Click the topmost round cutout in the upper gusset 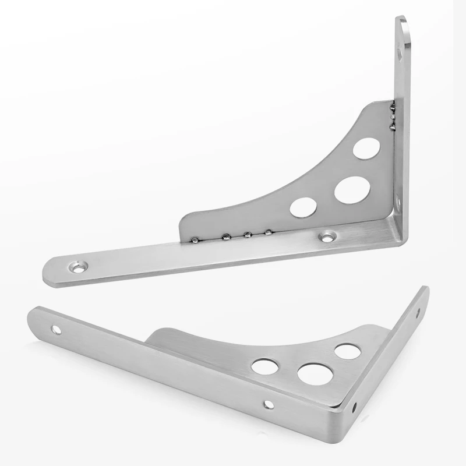click(366, 148)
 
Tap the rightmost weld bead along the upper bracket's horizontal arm click(269, 233)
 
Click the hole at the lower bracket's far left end click(56, 330)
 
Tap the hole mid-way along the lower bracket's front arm click(268, 403)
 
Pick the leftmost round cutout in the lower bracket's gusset click(265, 366)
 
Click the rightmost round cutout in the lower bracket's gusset click(347, 351)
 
